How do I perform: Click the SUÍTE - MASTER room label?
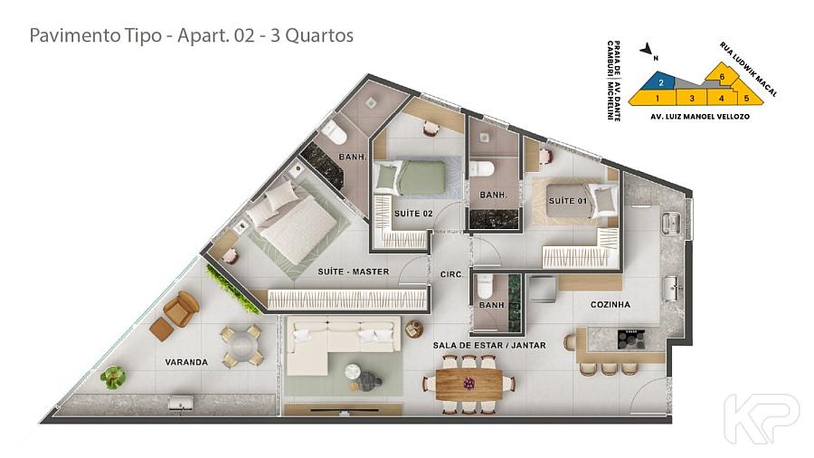pos(353,272)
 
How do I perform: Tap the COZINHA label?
pos(610,304)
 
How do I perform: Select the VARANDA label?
pos(186,362)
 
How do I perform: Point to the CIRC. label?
pos(451,274)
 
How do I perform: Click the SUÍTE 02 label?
pos(413,214)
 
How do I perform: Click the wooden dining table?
pos(469,385)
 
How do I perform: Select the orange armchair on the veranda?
pos(181,309)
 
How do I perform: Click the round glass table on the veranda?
pos(241,345)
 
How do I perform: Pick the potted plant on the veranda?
pos(113,377)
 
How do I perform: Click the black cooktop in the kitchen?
pos(631,339)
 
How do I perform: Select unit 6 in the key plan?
pos(721,75)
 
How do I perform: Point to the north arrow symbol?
pos(647,50)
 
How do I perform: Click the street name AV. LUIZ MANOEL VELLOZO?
pos(700,117)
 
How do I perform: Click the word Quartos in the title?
pos(319,35)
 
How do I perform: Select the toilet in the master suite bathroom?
pos(334,134)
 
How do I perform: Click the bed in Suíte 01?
pos(576,200)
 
